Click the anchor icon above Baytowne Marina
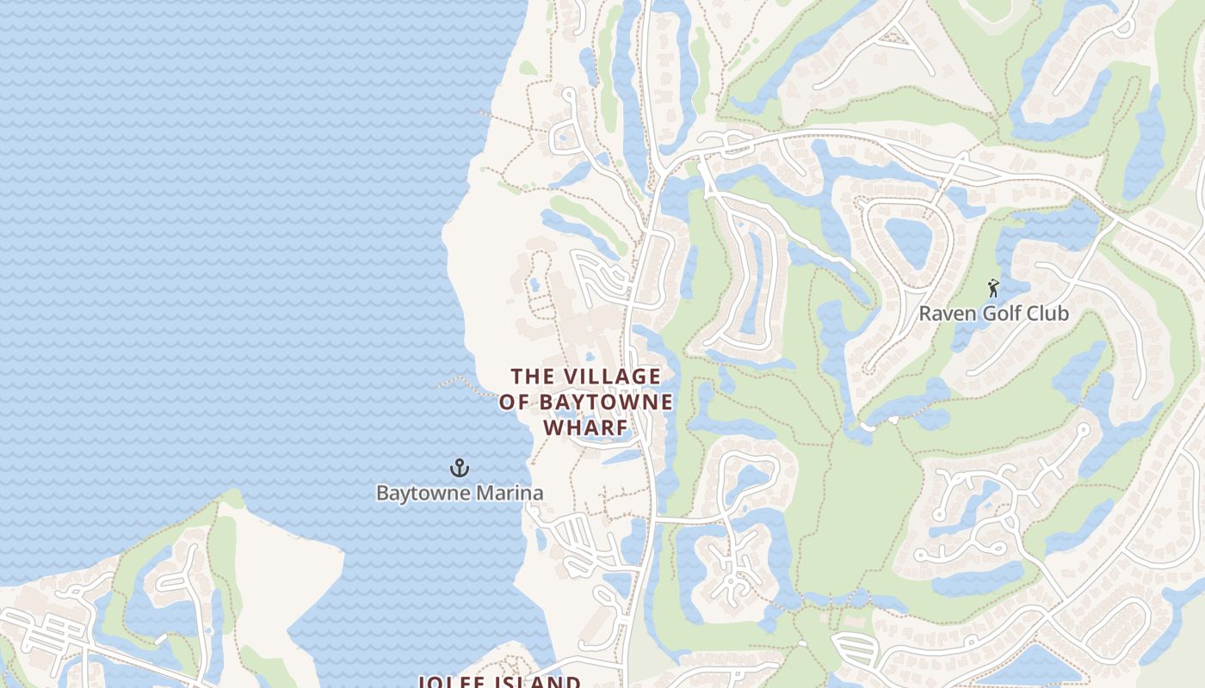(x=460, y=468)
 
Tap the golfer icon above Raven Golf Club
(x=993, y=287)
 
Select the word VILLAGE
(x=613, y=377)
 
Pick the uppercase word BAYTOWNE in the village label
(x=607, y=402)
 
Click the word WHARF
(x=585, y=427)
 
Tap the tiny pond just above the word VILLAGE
(x=590, y=356)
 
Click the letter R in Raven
(x=925, y=313)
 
